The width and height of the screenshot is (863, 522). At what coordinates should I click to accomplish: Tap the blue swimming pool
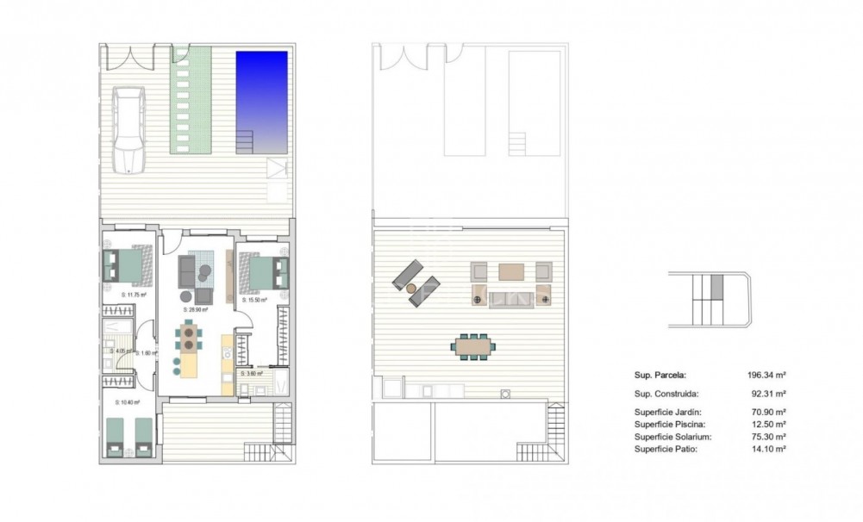pyautogui.click(x=261, y=99)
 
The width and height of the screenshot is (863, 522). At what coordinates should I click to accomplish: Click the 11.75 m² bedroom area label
pyautogui.click(x=134, y=295)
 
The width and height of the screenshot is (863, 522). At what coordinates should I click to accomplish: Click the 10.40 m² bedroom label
pyautogui.click(x=127, y=402)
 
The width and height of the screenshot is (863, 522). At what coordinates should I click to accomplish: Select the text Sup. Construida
pyautogui.click(x=664, y=394)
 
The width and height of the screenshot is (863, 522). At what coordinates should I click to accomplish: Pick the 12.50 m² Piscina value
pyautogui.click(x=768, y=424)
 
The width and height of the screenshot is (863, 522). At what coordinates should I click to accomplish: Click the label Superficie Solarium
pyautogui.click(x=673, y=437)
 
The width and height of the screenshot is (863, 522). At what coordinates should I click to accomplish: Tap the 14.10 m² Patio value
pyautogui.click(x=768, y=449)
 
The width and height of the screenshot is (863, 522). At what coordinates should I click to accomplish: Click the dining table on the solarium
pyautogui.click(x=473, y=347)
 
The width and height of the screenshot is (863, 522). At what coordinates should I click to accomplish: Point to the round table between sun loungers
pyautogui.click(x=412, y=287)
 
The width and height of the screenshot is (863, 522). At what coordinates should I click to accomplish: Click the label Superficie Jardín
pyautogui.click(x=668, y=413)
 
